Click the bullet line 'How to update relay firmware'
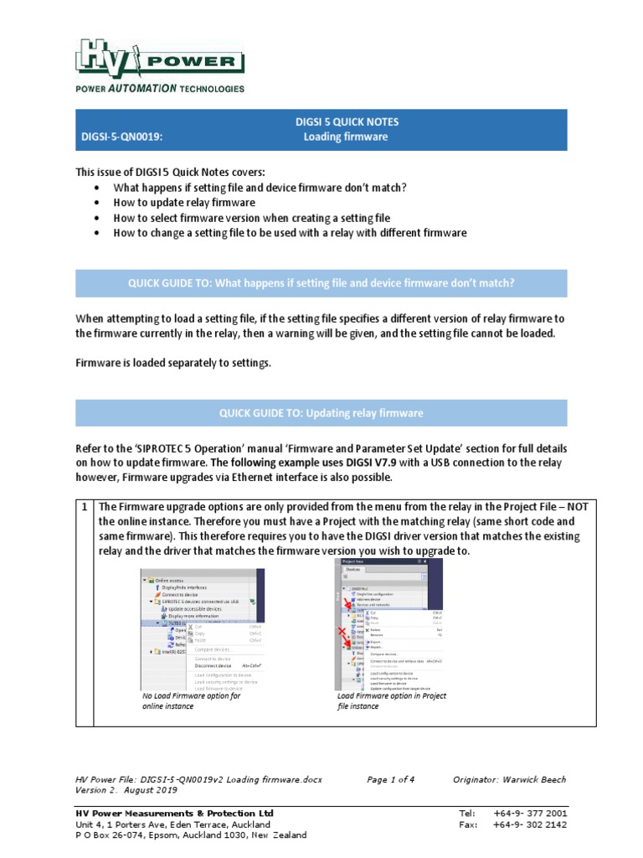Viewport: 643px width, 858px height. pos(184,203)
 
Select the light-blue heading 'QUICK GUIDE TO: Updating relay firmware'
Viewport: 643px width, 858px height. pos(321,413)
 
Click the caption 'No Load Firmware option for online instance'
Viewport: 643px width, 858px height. pos(192,700)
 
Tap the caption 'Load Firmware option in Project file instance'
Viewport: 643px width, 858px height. pos(391,700)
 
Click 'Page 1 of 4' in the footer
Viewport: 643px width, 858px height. pos(390,779)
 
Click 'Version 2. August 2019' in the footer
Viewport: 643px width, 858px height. pos(128,790)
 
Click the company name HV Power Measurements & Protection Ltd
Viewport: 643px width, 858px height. pos(174,813)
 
